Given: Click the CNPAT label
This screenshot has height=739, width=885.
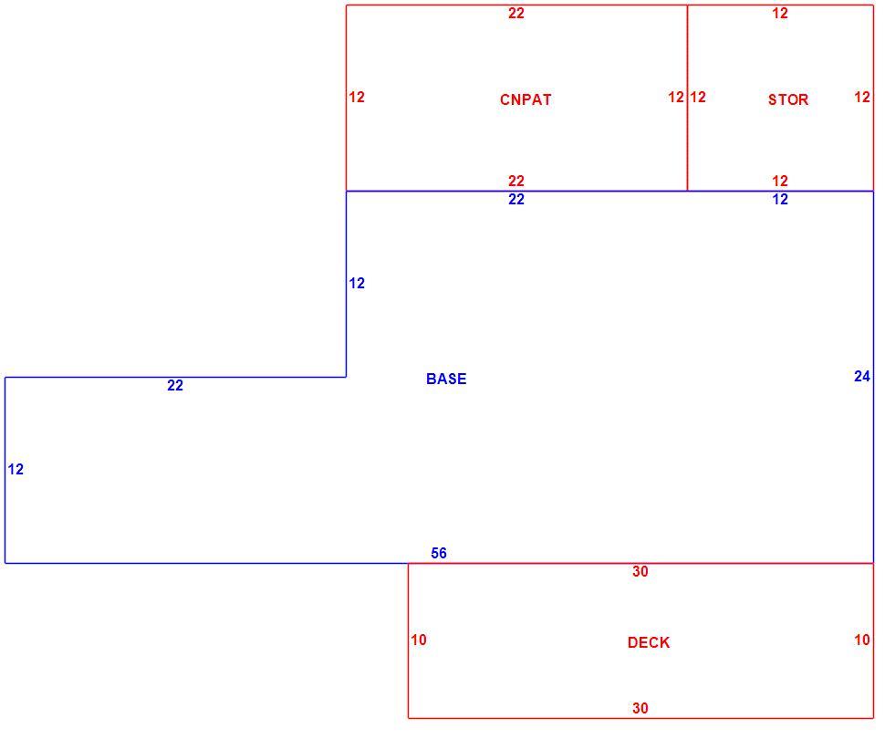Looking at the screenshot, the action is (x=525, y=100).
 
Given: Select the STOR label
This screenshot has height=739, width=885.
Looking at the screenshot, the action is (x=788, y=100).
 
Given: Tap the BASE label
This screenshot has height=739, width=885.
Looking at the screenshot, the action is (x=446, y=379).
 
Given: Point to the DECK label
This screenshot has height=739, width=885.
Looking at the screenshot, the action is (x=649, y=642).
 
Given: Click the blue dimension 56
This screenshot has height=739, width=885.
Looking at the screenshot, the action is (x=439, y=553).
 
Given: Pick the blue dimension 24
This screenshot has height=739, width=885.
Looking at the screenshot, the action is (x=862, y=376).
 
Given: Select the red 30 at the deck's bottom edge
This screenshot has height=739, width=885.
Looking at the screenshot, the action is (x=640, y=708).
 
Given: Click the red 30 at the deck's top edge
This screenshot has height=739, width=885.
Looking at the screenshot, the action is (x=640, y=571).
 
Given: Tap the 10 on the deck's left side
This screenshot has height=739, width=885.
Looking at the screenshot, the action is (x=418, y=640).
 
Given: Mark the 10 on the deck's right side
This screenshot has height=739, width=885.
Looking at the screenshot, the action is (x=862, y=640).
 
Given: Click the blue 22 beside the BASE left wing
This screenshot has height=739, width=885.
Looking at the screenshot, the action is (x=175, y=385).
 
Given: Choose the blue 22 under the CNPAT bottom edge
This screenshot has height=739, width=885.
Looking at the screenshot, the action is (x=515, y=199).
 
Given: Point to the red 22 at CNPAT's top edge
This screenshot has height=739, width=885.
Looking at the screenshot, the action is (x=515, y=13).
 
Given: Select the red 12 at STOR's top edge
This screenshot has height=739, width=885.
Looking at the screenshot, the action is (x=780, y=13).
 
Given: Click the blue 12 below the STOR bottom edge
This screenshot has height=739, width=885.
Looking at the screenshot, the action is (x=780, y=199).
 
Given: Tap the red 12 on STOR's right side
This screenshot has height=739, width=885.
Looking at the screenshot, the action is (x=862, y=97).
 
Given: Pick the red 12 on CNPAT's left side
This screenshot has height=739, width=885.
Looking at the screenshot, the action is (x=356, y=97).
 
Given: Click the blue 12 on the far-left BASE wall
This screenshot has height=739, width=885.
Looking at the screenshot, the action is (x=16, y=469).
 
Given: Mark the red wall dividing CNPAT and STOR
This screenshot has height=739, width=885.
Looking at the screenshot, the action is (x=687, y=99).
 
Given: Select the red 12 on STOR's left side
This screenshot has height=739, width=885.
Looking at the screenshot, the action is (x=698, y=97).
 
